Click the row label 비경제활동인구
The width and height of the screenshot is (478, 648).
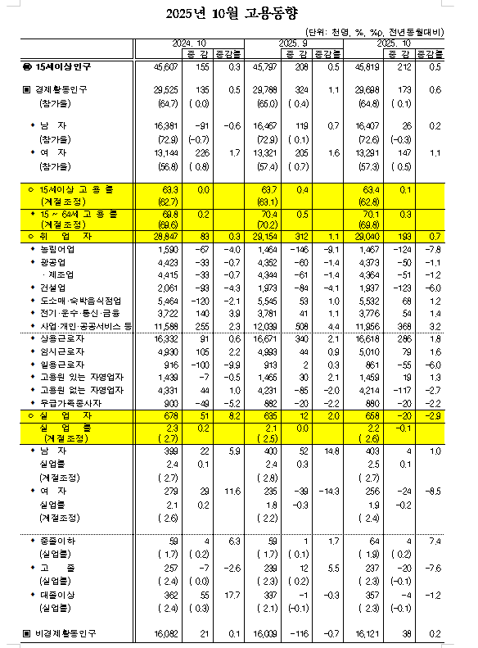pos(67,633)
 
